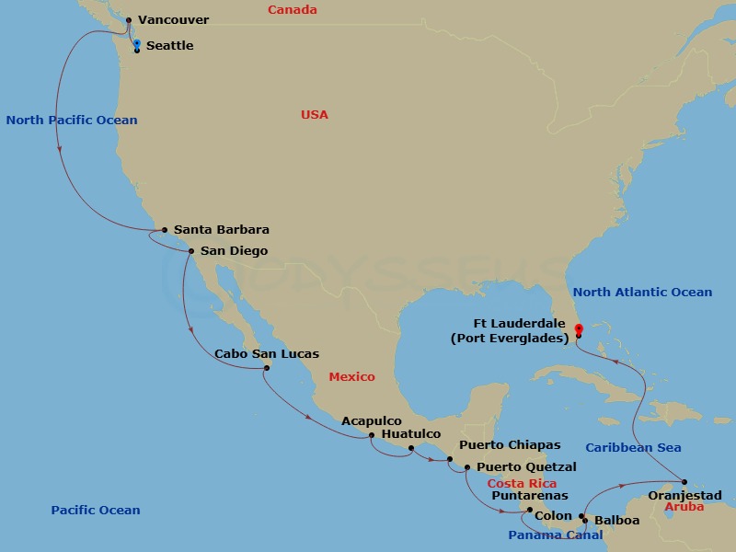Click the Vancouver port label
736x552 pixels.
pos(173,20)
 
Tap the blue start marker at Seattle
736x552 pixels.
pos(137,43)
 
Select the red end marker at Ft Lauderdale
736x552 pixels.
pos(577,328)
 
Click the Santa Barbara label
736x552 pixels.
pos(221,230)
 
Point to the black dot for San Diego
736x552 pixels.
pos(191,251)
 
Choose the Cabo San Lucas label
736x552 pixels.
pos(267,354)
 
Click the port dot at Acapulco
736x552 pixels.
pos(371,435)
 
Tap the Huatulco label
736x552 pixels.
pos(410,434)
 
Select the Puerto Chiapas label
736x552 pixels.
pos(510,445)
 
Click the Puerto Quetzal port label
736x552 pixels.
pos(526,467)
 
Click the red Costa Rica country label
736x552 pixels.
pos(522,484)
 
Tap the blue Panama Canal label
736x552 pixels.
pos(556,535)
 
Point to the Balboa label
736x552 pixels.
pos(616,521)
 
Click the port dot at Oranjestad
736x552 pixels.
pos(685,481)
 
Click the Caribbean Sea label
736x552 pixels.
pos(633,448)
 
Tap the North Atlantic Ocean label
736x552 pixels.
pos(642,293)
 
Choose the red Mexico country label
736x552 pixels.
pos(351,377)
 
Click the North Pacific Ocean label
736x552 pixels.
pos(72,121)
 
